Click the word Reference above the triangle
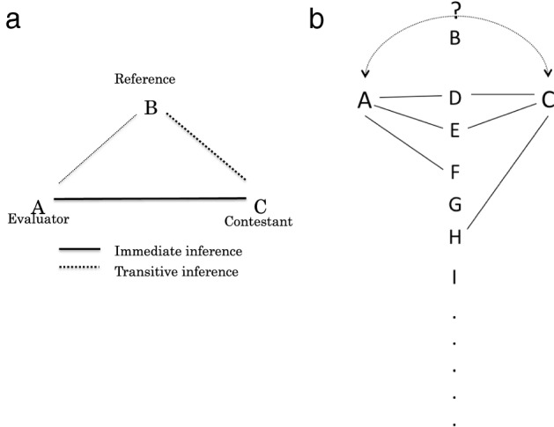click(144, 79)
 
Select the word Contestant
click(258, 220)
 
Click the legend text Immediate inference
click(177, 252)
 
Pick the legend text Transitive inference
click(176, 271)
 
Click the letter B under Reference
click(151, 110)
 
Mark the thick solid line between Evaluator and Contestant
click(150, 199)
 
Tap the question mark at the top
click(454, 11)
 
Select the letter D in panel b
click(454, 96)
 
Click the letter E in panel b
click(454, 131)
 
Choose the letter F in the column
click(454, 170)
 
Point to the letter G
click(454, 204)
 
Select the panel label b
click(317, 19)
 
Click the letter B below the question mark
click(454, 38)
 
